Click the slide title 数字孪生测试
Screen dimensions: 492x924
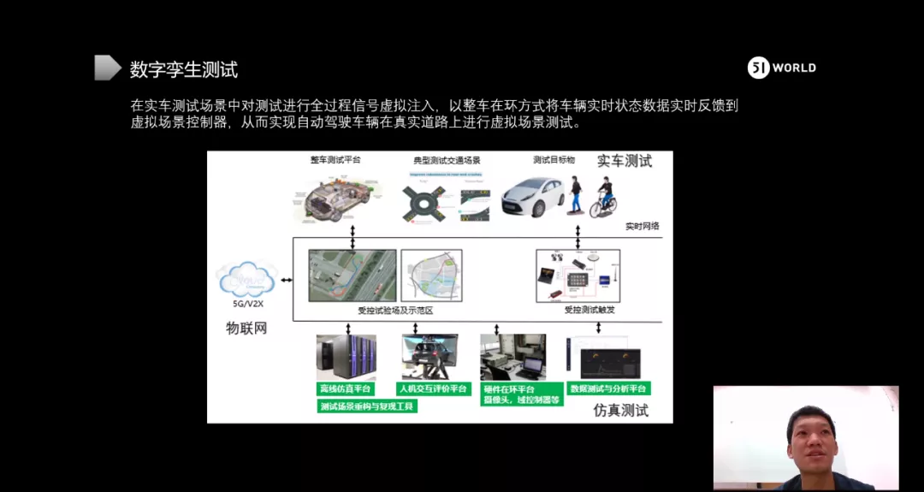183,69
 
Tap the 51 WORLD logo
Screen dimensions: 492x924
782,68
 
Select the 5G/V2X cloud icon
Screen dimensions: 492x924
247,280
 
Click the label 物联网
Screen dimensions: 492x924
246,328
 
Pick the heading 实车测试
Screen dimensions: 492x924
624,161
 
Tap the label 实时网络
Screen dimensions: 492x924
642,227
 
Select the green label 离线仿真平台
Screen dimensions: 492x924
346,389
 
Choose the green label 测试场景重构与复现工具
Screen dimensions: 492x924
366,406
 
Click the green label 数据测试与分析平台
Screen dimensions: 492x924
608,388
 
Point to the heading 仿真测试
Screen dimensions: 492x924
620,411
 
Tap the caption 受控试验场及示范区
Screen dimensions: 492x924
394,311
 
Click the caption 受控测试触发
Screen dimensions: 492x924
589,311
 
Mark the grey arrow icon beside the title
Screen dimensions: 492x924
107,68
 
